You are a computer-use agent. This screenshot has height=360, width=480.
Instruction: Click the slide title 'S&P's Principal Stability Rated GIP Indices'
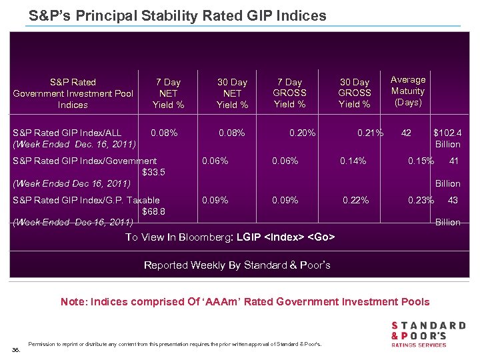point(177,15)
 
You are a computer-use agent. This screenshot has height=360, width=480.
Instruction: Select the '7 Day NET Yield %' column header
point(168,93)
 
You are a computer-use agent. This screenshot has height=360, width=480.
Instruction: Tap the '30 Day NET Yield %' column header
point(232,93)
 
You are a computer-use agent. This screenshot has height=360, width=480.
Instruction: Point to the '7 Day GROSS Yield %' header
point(290,93)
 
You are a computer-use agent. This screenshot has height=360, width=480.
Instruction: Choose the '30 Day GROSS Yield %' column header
point(354,93)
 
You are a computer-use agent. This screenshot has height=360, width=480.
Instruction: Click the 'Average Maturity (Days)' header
point(407,91)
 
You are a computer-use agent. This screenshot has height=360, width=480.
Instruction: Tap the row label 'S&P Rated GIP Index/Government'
point(85,161)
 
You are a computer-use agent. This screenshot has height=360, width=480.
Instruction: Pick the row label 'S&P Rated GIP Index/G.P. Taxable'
point(87,200)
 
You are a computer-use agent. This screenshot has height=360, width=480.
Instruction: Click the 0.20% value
point(302,133)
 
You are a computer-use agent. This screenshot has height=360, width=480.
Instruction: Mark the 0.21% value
point(370,133)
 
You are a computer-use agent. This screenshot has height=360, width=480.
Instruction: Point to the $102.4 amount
point(447,133)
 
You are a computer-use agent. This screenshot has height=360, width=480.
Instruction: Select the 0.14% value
point(353,161)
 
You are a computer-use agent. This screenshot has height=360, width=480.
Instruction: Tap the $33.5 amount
point(154,172)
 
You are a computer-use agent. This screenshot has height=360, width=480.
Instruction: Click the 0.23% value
point(421,200)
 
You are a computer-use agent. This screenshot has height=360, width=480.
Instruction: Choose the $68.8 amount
point(154,211)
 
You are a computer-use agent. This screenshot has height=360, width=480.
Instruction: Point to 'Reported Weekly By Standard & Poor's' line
point(237,265)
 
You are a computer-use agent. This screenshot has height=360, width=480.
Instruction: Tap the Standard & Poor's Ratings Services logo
point(427,334)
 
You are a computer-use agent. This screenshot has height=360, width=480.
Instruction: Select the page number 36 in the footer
point(16,349)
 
